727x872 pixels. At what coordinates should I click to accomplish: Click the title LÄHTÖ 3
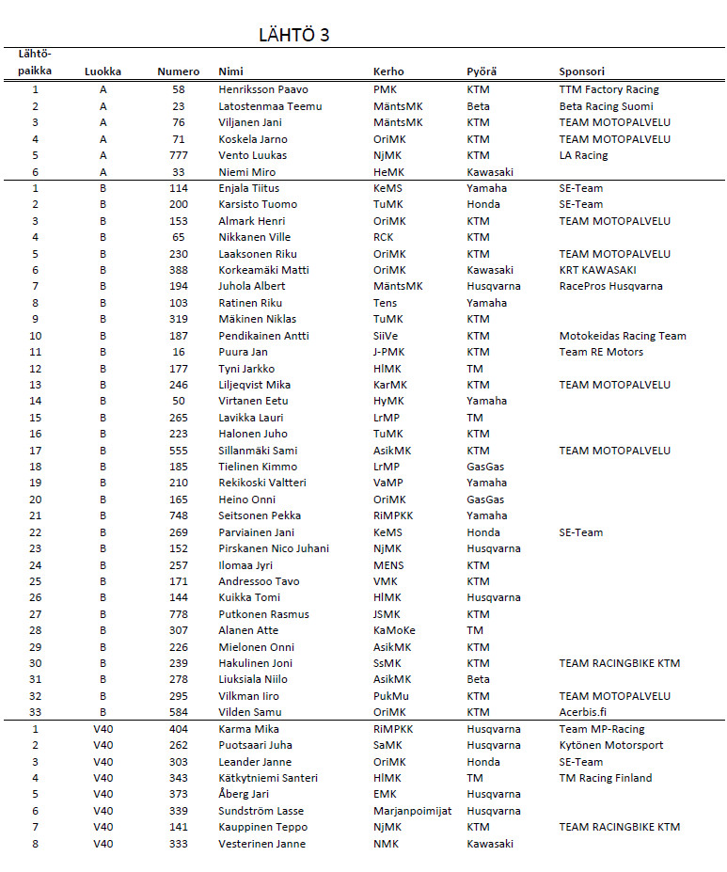click(x=293, y=36)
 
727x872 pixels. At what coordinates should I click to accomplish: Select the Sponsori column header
click(x=581, y=71)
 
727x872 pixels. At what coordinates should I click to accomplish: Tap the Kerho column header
click(x=388, y=71)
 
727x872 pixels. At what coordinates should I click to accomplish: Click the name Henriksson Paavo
click(x=256, y=89)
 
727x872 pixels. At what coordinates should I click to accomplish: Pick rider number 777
click(x=179, y=155)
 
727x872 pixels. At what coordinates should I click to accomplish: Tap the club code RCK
click(x=384, y=237)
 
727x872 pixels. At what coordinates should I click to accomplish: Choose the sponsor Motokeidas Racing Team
click(x=623, y=336)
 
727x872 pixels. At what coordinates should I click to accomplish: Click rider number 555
click(x=179, y=451)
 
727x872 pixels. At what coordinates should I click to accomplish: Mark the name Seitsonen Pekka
click(x=259, y=515)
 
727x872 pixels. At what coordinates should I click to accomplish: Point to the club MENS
click(x=388, y=565)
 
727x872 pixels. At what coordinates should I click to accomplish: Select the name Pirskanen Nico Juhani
click(x=274, y=548)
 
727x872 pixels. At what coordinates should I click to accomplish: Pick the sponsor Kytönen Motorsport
click(x=611, y=745)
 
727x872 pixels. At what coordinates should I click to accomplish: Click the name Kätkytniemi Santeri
click(x=268, y=778)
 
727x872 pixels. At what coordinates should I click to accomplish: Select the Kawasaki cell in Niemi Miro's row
click(x=490, y=172)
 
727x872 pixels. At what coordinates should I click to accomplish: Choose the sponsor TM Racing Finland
click(x=606, y=778)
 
